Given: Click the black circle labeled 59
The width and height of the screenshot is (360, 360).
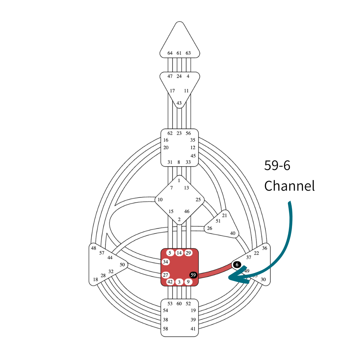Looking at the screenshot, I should (193, 275).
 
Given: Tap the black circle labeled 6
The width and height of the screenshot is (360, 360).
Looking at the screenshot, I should (237, 265).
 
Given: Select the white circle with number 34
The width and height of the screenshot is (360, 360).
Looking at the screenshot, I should (166, 262).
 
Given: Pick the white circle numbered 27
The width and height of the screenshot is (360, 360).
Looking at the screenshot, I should (166, 275).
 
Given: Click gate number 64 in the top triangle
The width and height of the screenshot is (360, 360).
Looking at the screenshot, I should (170, 53).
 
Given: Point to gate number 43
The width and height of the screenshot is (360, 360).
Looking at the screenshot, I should (179, 103).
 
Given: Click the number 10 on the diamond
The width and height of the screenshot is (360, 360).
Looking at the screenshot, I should (160, 200).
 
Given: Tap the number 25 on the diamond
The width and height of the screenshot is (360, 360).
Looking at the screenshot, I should (198, 200).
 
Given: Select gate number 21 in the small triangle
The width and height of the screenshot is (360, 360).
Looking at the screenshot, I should (224, 215).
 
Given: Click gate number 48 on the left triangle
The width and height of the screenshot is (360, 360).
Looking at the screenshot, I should (93, 248).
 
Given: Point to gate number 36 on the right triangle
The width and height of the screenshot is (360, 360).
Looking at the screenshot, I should (265, 248).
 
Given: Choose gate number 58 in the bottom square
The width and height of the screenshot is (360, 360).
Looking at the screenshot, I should (166, 329).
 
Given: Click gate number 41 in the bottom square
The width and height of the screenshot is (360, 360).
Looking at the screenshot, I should (193, 329).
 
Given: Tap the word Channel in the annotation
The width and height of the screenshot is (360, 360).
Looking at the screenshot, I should (289, 186).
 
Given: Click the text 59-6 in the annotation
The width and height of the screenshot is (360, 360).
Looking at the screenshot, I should (277, 166).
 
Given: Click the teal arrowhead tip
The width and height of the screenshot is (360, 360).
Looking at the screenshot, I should (229, 277).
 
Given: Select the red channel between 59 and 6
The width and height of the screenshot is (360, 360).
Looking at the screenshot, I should (215, 271).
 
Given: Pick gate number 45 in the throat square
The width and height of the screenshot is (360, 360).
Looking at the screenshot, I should (193, 156).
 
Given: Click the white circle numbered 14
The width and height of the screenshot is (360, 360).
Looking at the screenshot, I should (179, 253).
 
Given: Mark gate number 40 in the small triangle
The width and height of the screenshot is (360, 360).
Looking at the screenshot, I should (233, 233).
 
